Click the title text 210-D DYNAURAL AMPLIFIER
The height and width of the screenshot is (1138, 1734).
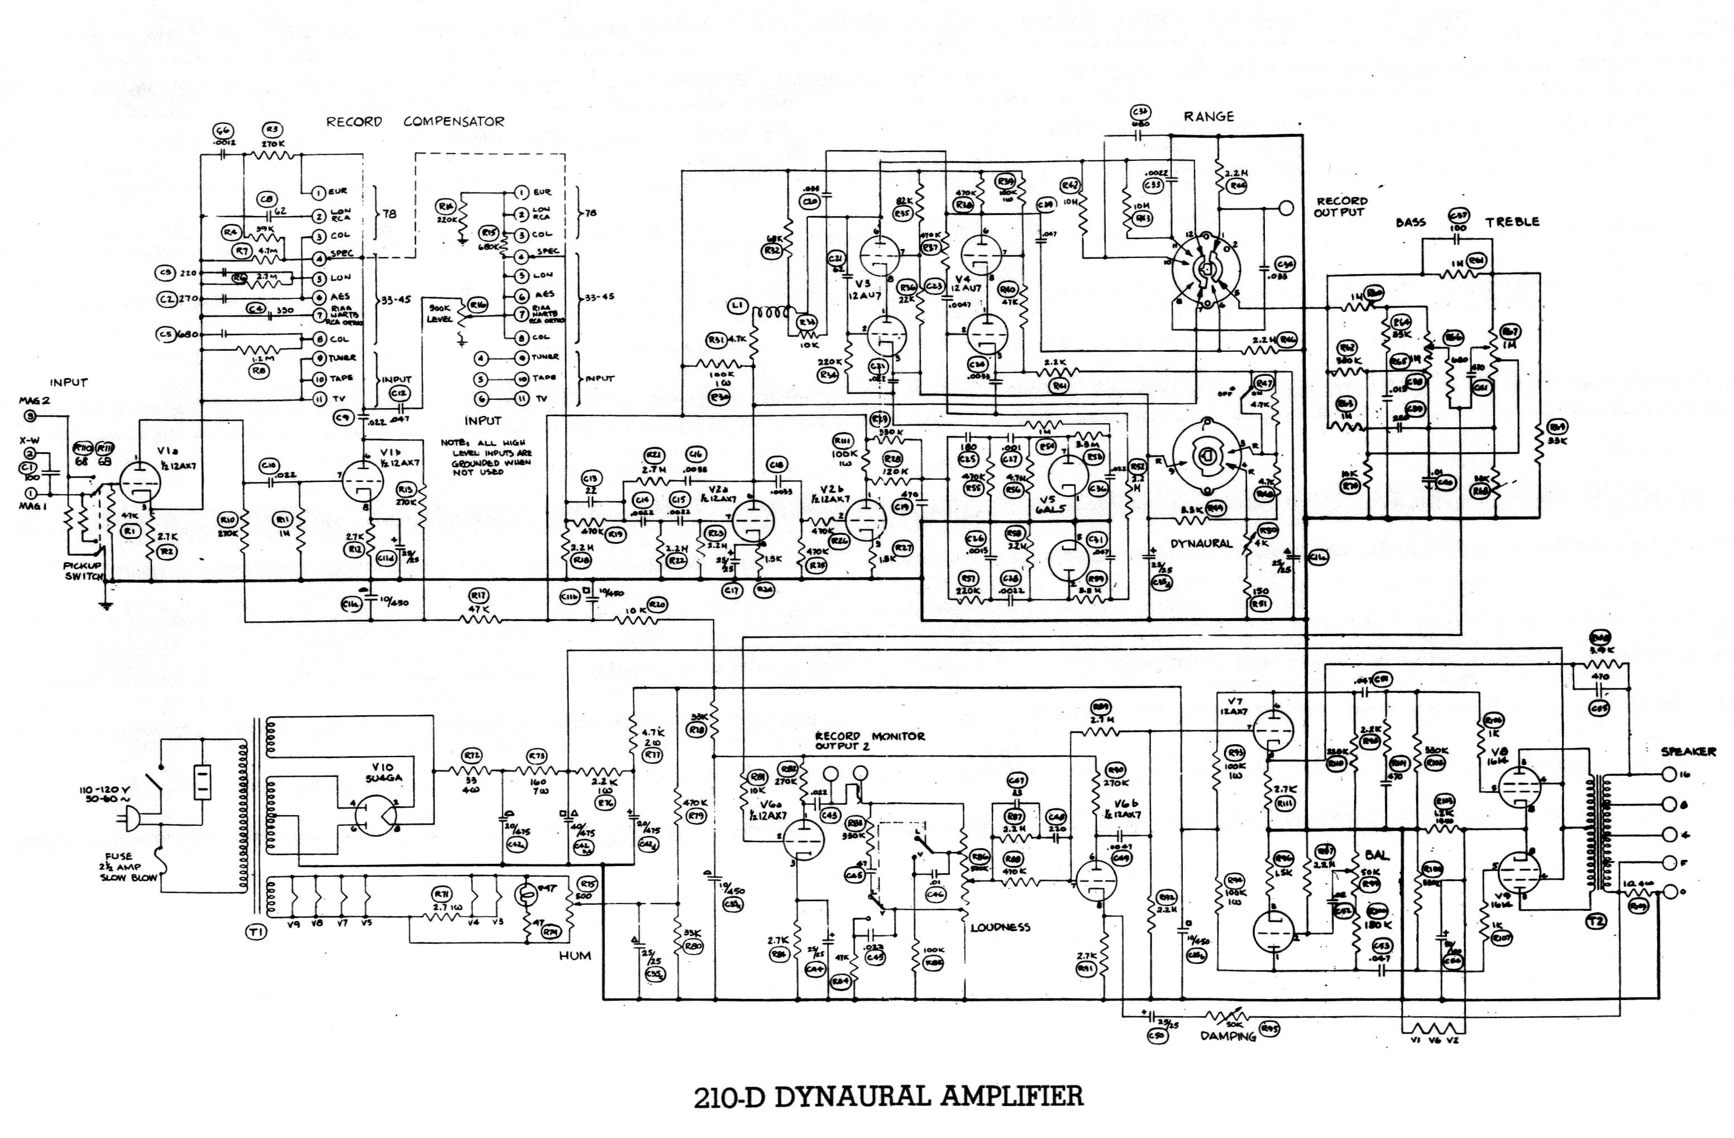coord(888,1096)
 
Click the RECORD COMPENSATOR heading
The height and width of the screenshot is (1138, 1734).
coord(414,122)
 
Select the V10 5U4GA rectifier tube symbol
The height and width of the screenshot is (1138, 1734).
coord(376,815)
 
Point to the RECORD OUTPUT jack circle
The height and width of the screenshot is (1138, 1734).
coord(1287,208)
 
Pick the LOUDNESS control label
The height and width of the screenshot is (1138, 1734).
coord(1000,927)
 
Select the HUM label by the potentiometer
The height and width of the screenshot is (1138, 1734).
coord(575,955)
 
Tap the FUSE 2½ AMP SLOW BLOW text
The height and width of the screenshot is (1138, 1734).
coord(129,867)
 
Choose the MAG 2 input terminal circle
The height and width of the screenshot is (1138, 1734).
coord(30,416)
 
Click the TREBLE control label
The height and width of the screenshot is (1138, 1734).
coord(1512,222)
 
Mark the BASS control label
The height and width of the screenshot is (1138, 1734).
coord(1411,222)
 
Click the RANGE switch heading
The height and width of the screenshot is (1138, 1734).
coord(1208,117)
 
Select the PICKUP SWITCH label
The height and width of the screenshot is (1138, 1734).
coord(82,571)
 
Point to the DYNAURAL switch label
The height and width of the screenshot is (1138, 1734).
coord(1201,543)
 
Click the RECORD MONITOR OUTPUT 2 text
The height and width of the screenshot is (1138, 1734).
coord(869,741)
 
